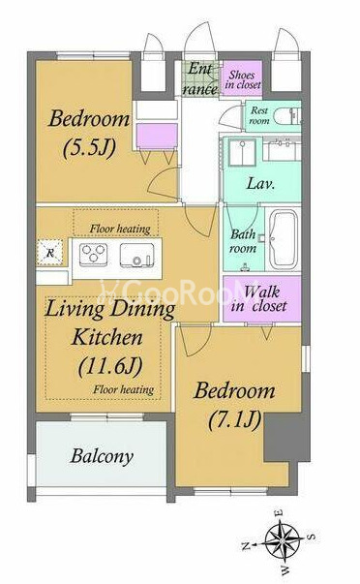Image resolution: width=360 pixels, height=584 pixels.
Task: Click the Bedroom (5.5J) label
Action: point(89,134)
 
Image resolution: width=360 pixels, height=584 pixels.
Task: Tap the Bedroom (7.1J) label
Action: point(234,405)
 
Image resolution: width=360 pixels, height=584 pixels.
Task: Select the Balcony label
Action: point(102,456)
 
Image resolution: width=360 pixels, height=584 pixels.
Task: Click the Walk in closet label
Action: point(259,298)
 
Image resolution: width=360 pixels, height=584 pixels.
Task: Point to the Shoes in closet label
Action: point(243,79)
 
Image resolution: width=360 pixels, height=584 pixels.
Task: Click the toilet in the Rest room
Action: point(286,116)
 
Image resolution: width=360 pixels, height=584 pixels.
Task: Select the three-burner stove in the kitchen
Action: point(94,255)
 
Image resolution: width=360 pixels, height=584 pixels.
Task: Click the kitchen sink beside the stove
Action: point(137,255)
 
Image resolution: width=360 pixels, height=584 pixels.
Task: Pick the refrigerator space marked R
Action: point(50,253)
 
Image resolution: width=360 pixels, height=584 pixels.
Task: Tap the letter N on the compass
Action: point(246,546)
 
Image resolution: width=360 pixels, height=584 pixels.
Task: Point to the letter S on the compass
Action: point(313,537)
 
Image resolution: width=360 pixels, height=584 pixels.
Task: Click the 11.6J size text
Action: point(111,366)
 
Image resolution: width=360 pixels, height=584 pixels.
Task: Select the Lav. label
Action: point(261,183)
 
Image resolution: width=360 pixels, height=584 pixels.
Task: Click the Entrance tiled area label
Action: point(200,79)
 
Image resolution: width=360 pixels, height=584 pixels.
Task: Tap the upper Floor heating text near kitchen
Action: point(120,229)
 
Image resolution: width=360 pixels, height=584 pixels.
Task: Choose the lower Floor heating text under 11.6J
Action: point(124,389)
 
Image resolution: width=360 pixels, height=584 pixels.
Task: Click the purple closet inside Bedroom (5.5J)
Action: point(157,136)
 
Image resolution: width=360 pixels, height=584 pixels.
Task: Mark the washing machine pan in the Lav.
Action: point(242,152)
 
